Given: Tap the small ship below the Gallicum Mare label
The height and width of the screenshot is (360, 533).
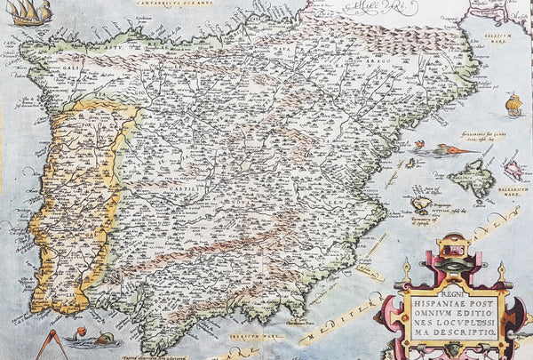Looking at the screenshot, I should pos(513,104).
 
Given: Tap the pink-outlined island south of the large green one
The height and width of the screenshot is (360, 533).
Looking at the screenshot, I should pos(421,205).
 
